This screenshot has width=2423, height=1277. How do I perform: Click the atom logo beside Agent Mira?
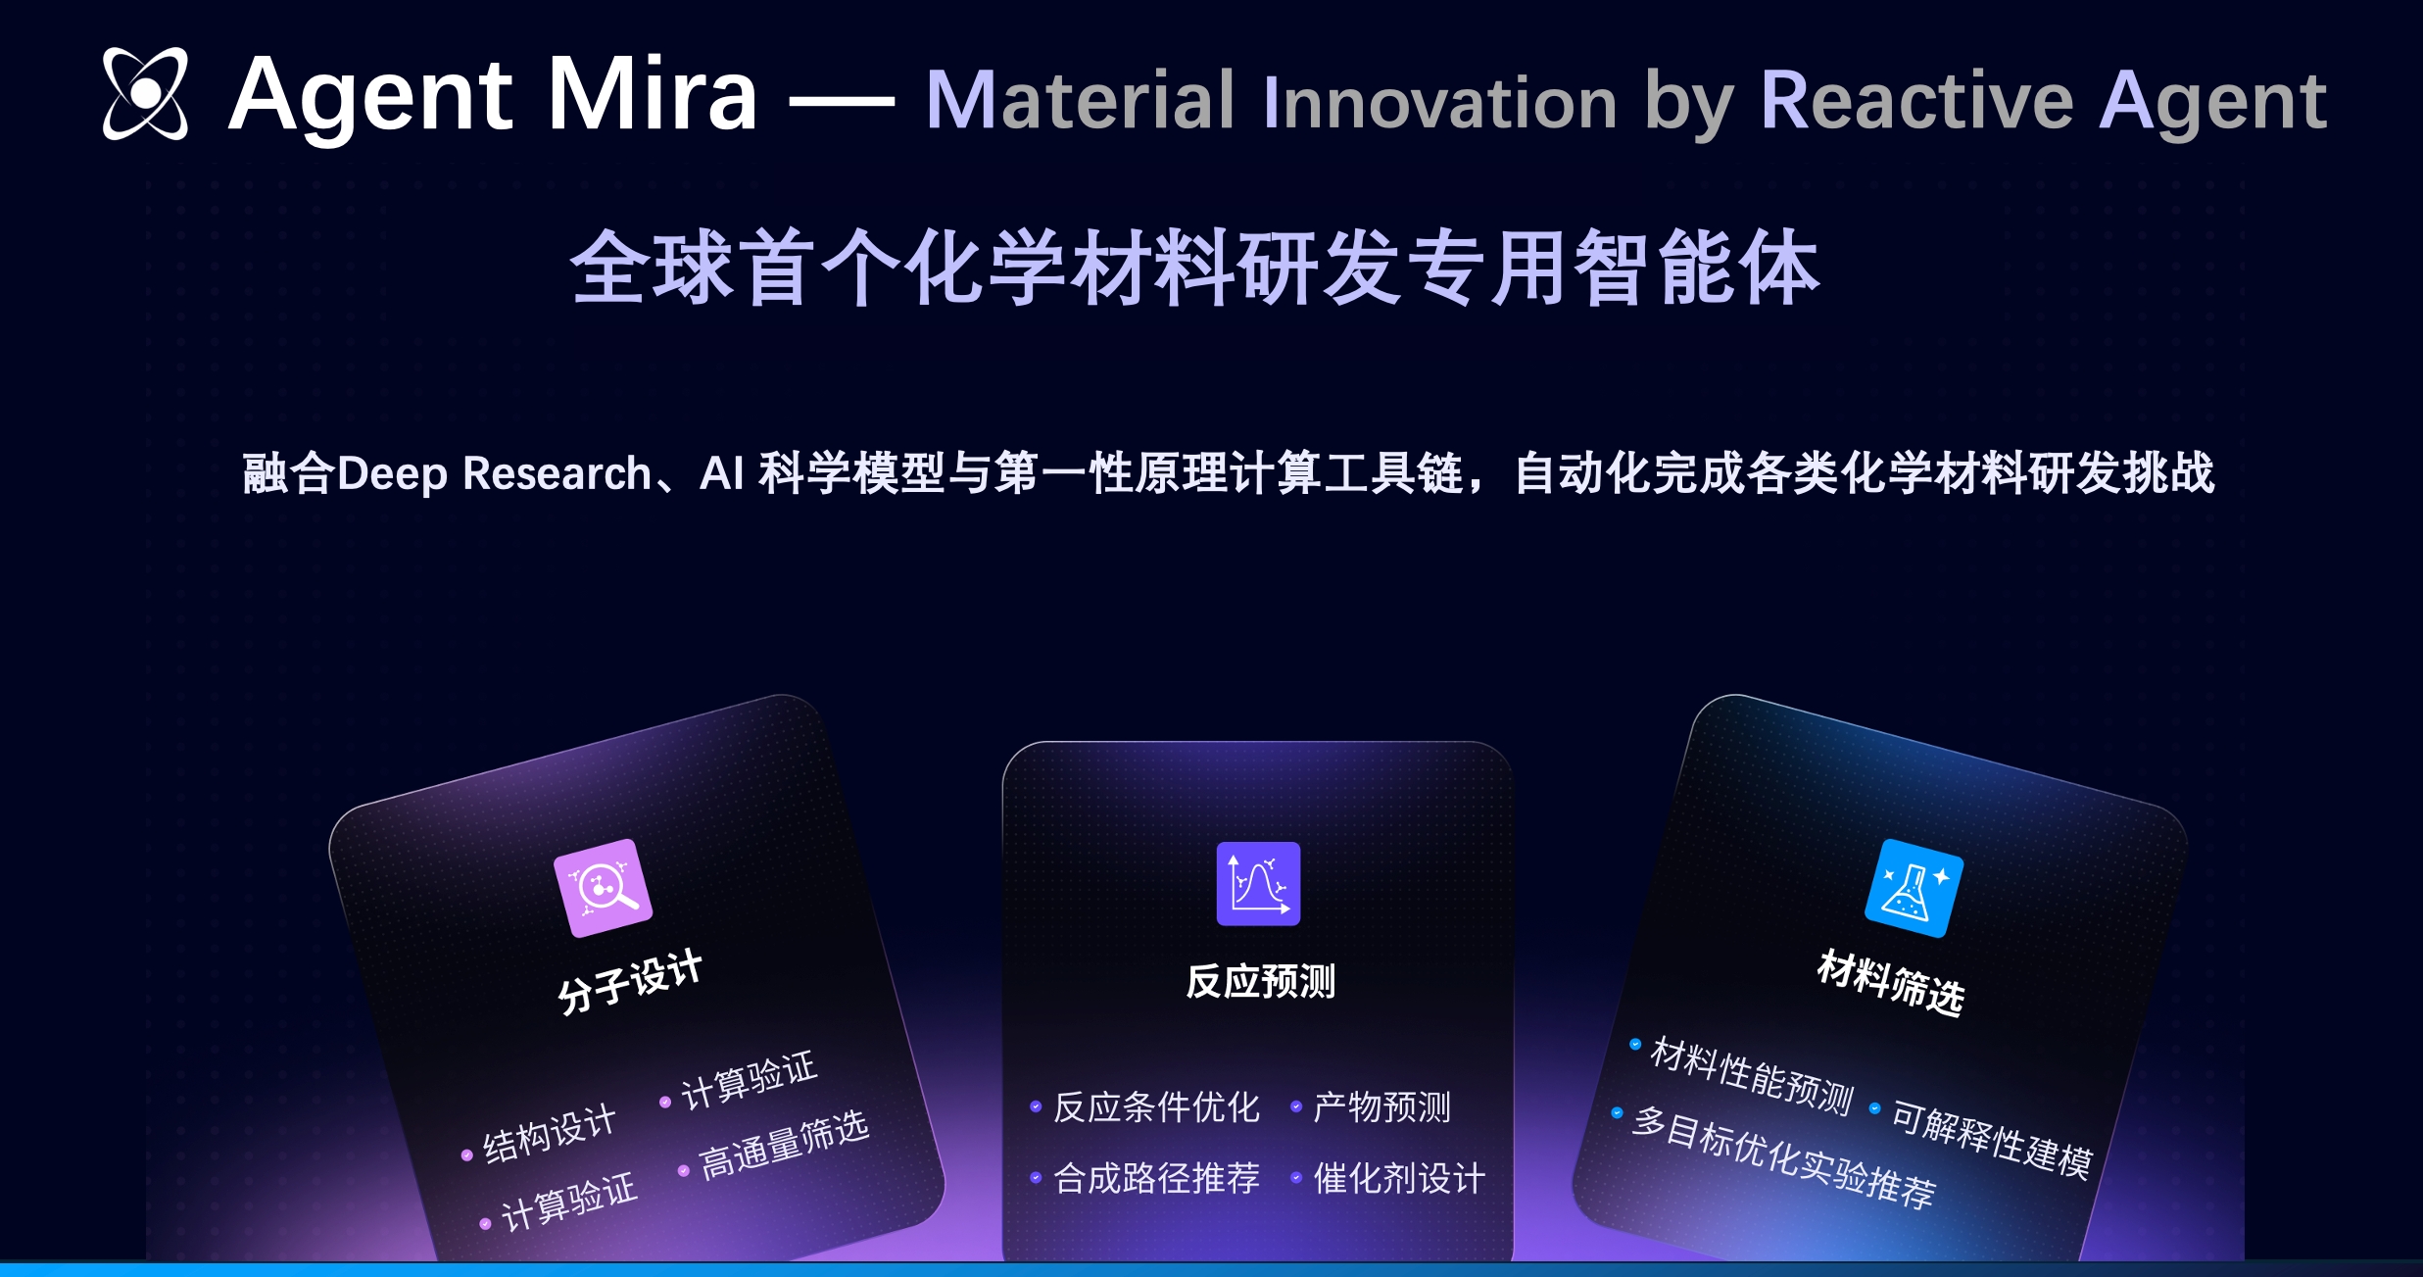coord(145,93)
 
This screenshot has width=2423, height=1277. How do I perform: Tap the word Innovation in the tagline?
coord(1439,102)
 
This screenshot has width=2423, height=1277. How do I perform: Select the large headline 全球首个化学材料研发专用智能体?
coord(1195,267)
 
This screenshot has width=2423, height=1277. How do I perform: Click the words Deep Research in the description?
coord(494,473)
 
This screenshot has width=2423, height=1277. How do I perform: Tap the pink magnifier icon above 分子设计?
coord(603,888)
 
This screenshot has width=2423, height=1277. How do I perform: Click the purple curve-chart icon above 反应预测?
coord(1258,883)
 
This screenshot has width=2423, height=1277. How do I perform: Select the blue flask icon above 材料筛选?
coord(1914,888)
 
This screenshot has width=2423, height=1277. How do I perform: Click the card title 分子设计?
coord(630,981)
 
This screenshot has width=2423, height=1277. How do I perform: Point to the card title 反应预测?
coord(1260,981)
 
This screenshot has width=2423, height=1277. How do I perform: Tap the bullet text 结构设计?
coord(550,1134)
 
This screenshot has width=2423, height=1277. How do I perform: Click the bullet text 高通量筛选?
coord(784,1145)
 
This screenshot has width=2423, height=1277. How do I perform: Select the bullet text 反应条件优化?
coord(1156,1106)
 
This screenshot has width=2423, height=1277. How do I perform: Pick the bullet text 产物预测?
coord(1381,1106)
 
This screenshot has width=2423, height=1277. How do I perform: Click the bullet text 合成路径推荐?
coord(1156,1177)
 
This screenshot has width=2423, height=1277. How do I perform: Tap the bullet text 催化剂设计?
coord(1399,1177)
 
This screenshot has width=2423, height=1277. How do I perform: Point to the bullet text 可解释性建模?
coord(1991,1138)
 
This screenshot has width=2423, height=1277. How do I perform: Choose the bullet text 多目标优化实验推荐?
coord(1783,1157)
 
